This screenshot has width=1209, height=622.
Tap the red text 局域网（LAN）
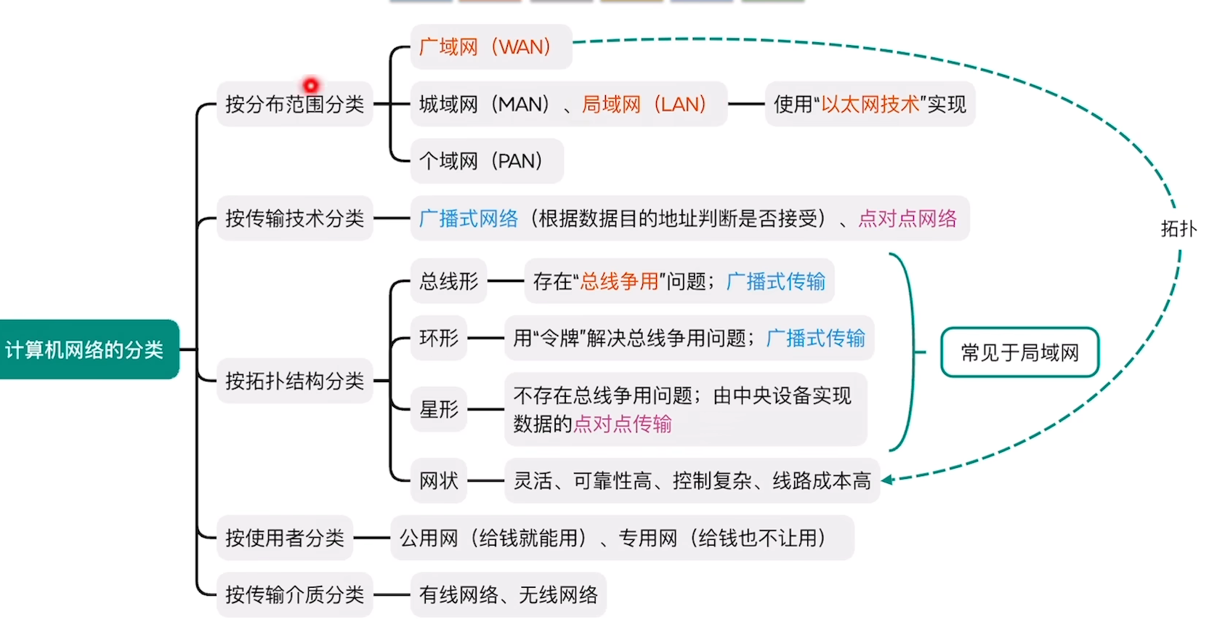pos(644,105)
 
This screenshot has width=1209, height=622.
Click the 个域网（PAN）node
pos(486,161)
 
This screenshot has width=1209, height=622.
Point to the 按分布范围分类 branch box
pos(294,105)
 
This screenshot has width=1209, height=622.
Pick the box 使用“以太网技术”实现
pos(869,105)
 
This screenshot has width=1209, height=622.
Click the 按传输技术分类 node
pos(294,218)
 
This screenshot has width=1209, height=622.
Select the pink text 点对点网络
pos(907,218)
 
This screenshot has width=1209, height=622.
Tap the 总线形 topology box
pos(448,281)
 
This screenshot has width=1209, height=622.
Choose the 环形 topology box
pos(439,338)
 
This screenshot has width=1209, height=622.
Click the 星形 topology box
pos(439,409)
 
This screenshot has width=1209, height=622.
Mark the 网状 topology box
pos(439,480)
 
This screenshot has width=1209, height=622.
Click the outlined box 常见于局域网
pos(1019,352)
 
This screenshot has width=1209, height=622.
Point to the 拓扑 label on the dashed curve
pos(1178,229)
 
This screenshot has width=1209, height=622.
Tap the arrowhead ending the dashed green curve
pos(888,480)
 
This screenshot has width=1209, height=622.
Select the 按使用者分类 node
pos(284,538)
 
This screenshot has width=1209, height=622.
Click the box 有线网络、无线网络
pos(508,595)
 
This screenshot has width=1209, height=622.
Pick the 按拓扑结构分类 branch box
pos(294,381)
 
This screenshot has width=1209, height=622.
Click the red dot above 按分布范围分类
pos(310,85)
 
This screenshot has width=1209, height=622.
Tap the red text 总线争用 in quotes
pos(619,281)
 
